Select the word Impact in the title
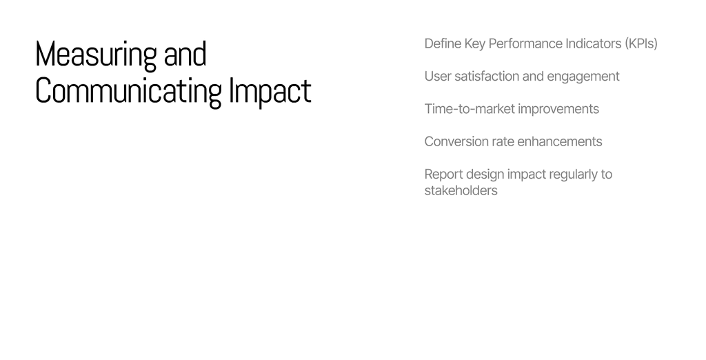point(270,92)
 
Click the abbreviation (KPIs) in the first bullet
point(641,43)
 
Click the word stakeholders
point(461,190)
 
